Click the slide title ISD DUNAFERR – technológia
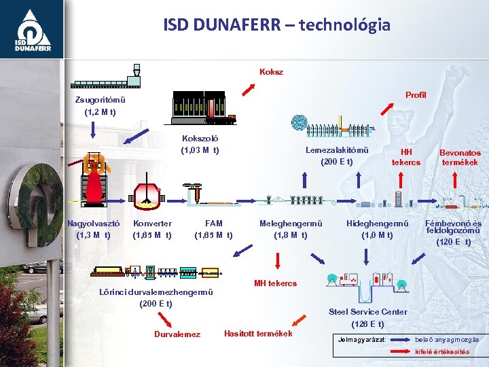coord(276,25)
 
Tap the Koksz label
coord(271,71)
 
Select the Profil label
coord(415,94)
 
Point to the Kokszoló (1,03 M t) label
coord(200,144)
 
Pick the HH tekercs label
coord(406,157)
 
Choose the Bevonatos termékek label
coord(460,158)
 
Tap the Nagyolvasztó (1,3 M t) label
coord(94,229)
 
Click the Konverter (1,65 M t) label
coord(152,229)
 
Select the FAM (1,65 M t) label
coord(213,229)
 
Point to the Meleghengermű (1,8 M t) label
coord(290,229)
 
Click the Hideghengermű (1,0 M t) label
coord(377,229)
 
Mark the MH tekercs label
coord(275,283)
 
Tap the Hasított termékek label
coord(258,333)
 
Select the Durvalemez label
coord(177,334)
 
